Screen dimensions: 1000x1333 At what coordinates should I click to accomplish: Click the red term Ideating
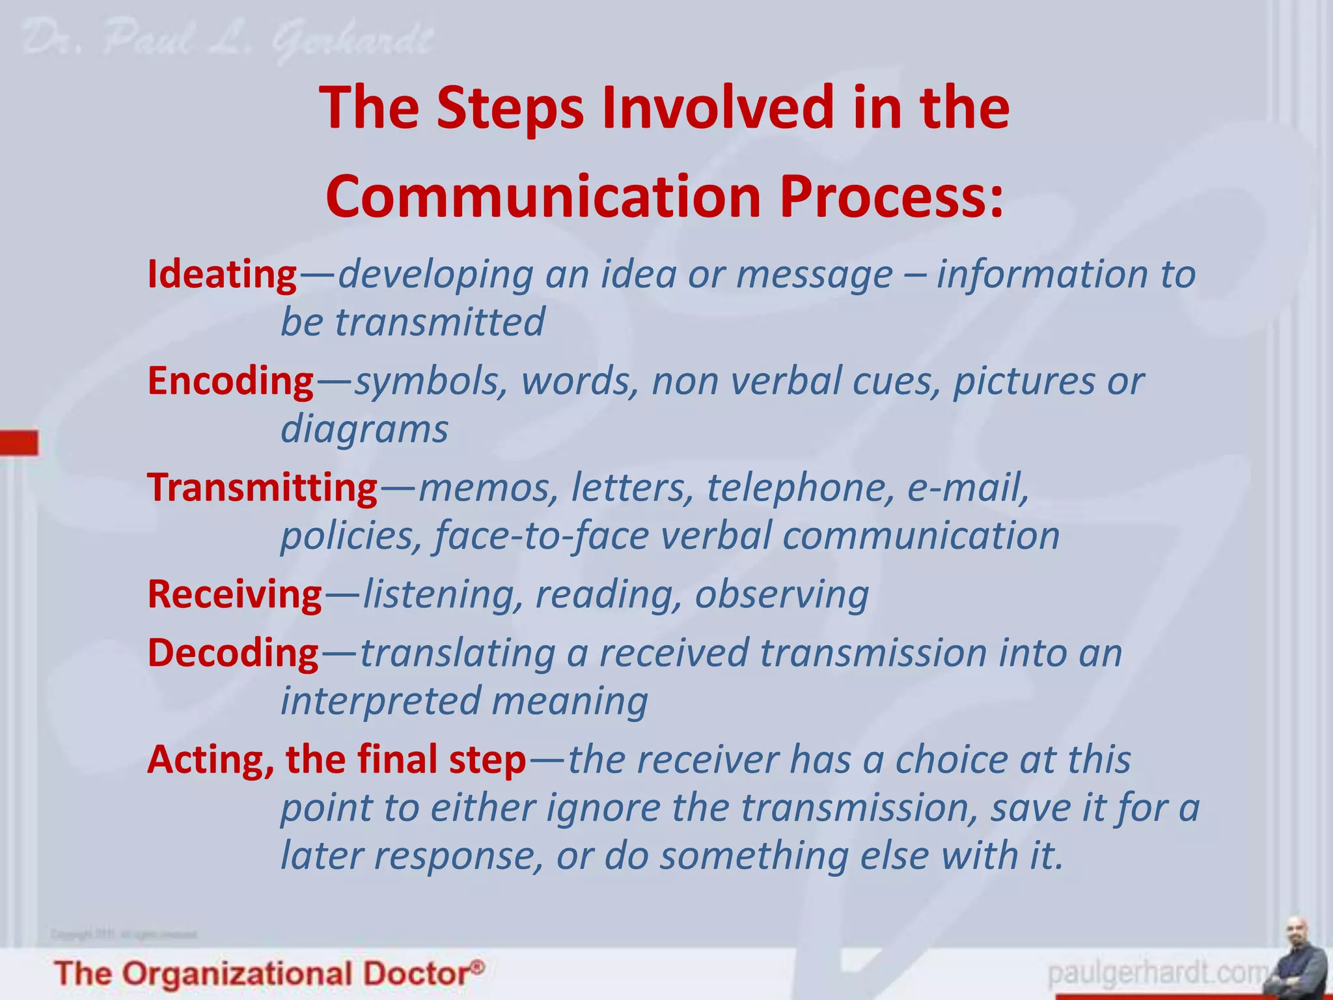tap(222, 275)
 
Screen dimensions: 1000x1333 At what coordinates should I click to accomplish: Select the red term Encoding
tap(230, 382)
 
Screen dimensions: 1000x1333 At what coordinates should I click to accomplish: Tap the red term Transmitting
tap(262, 488)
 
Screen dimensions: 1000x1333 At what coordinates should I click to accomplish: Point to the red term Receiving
tap(234, 594)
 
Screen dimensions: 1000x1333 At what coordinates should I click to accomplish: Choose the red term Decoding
tap(233, 653)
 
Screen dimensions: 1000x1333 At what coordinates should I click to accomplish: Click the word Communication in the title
tap(543, 197)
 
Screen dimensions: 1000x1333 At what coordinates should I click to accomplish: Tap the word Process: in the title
tap(892, 197)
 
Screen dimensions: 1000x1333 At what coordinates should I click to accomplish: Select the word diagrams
tap(364, 430)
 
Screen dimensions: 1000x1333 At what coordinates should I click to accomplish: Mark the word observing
tap(782, 594)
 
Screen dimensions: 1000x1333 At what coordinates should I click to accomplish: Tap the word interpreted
tap(380, 701)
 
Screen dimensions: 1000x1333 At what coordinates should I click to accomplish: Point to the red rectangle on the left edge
tap(19, 443)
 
